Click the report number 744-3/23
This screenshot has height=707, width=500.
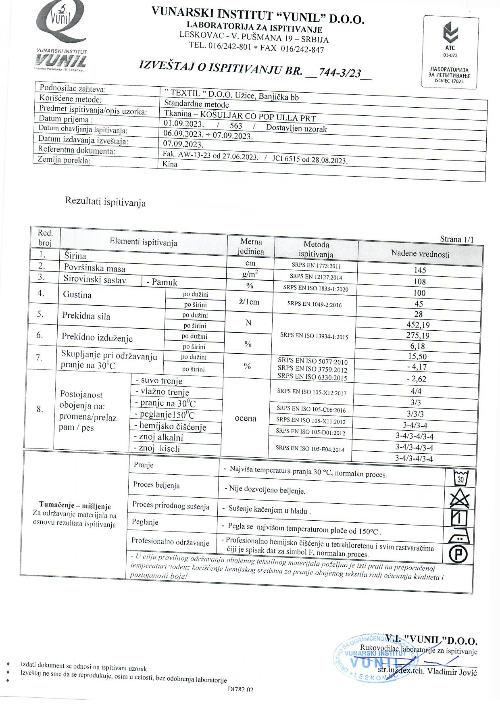click(x=339, y=73)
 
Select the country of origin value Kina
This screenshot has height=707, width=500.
click(x=170, y=164)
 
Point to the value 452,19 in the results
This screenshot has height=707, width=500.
click(x=418, y=325)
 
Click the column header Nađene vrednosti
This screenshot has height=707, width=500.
click(x=420, y=254)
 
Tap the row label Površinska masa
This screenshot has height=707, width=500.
click(x=94, y=268)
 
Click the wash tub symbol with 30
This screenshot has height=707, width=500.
click(x=460, y=478)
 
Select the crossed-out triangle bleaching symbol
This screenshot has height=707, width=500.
click(x=460, y=499)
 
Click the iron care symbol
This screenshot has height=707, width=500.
click(x=459, y=536)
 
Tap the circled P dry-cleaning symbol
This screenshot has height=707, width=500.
click(x=459, y=555)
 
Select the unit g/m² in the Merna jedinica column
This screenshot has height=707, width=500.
click(x=250, y=274)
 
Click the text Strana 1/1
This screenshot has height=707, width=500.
click(x=456, y=239)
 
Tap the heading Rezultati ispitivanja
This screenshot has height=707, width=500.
click(x=105, y=202)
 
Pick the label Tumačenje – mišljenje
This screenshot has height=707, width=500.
click(x=75, y=506)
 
